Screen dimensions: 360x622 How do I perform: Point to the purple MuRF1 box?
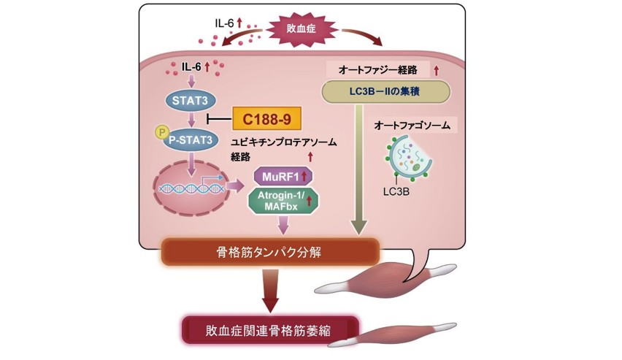pyautogui.click(x=282, y=176)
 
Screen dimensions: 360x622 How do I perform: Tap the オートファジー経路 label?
pyautogui.click(x=377, y=70)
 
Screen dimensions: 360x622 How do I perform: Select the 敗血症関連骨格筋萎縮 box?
pyautogui.click(x=272, y=329)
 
